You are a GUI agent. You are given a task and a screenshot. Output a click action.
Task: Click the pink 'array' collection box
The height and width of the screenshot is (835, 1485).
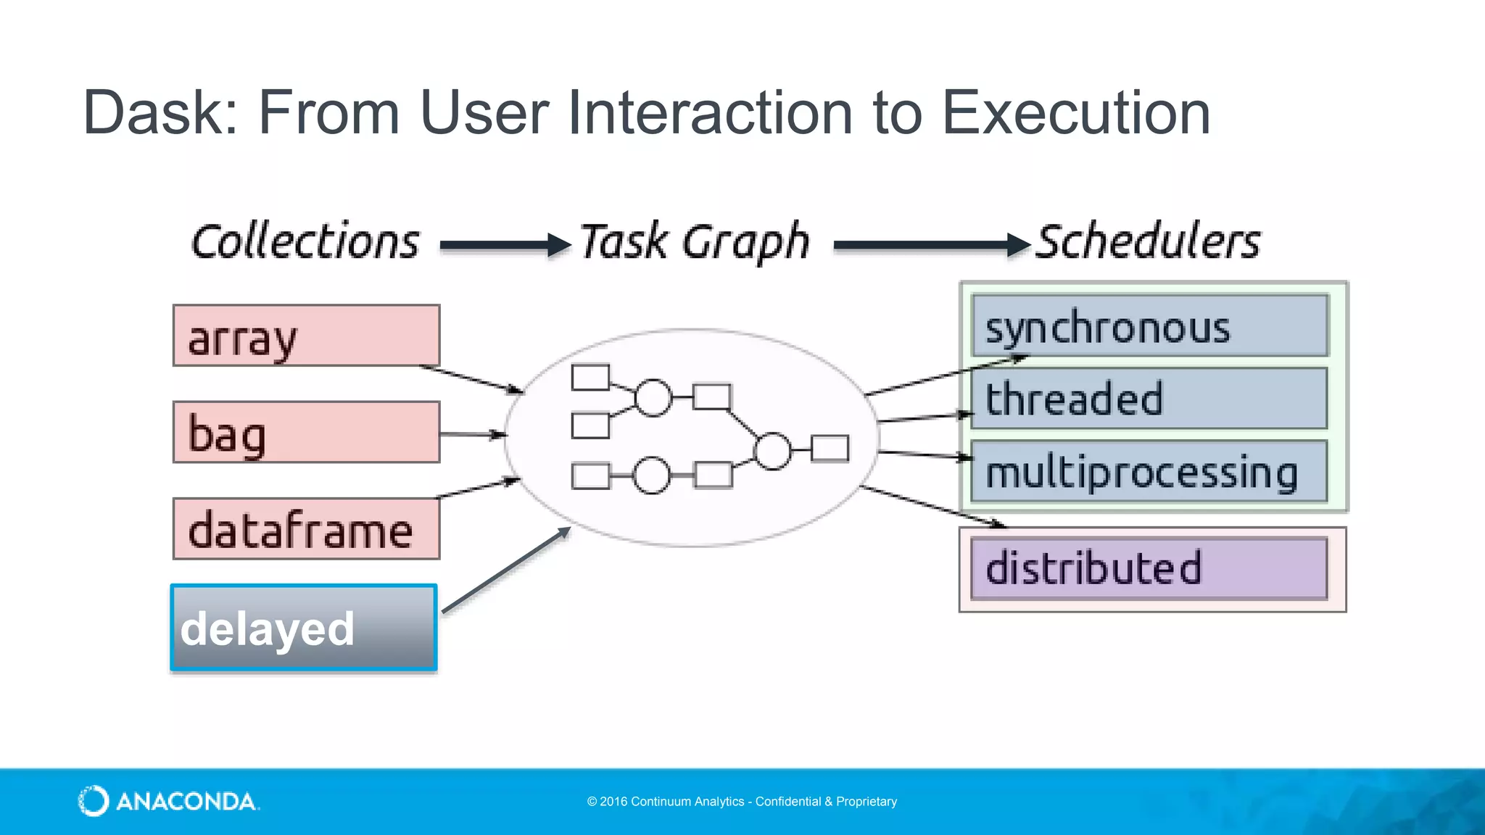306,336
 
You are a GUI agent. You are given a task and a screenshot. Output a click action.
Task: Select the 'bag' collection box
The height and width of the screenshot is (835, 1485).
306,433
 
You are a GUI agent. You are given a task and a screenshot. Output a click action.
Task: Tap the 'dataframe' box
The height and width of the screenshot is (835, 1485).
306,529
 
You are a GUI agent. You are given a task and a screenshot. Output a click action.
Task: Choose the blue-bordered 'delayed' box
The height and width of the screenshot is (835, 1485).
304,628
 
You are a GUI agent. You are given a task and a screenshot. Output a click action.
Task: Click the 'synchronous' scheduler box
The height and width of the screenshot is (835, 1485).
1149,325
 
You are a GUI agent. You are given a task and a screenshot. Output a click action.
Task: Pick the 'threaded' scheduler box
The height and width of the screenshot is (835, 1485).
1149,399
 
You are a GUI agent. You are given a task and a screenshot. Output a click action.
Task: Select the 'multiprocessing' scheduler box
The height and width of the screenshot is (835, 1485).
1149,472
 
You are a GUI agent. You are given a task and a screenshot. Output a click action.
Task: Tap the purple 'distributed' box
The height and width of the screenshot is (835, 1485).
1149,568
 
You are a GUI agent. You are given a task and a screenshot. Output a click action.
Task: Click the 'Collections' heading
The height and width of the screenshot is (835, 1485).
305,242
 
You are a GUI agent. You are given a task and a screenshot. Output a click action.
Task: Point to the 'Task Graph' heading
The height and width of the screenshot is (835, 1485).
695,242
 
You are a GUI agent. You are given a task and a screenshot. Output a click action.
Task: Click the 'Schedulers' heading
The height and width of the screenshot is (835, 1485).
1149,242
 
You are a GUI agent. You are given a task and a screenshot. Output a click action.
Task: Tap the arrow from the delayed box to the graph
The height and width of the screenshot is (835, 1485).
506,570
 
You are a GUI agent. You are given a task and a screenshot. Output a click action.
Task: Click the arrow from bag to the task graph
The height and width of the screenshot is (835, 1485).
472,434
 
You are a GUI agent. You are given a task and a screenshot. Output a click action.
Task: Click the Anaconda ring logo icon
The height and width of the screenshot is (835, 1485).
94,801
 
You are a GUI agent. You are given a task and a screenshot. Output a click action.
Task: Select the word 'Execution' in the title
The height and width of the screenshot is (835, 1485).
1076,113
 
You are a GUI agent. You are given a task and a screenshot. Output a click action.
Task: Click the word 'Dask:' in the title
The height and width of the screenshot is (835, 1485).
161,113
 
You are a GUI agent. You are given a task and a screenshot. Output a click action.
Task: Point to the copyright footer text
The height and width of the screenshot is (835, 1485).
742,802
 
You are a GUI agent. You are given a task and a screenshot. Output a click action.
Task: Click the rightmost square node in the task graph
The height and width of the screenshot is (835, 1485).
830,449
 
